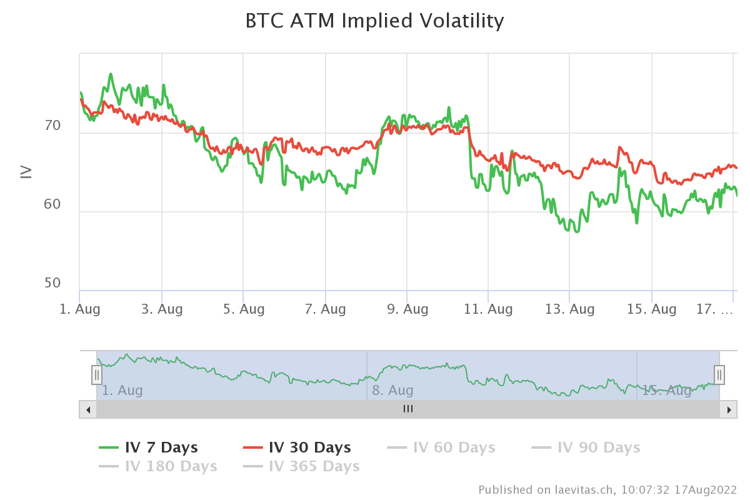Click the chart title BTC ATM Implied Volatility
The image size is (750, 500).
374,21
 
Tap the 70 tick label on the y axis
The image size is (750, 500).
52,126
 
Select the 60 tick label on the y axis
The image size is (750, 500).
52,204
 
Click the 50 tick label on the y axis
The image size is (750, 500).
52,283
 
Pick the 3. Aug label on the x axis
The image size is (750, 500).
161,309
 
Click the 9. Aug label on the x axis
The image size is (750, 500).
406,309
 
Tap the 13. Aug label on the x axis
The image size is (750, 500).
569,309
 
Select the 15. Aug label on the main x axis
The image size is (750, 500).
651,309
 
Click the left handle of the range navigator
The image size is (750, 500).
97,375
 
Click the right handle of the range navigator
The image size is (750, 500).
719,375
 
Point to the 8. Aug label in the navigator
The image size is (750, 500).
392,391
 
